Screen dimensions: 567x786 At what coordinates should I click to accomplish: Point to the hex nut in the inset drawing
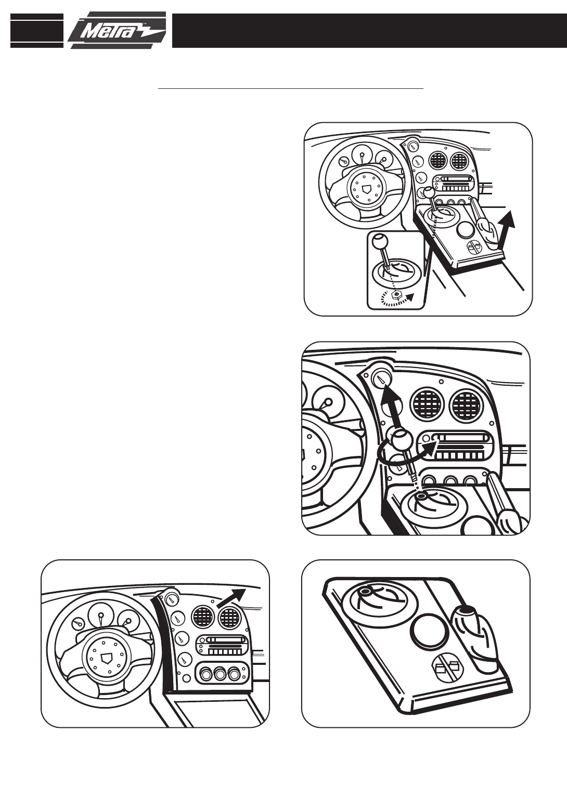click(396, 294)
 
